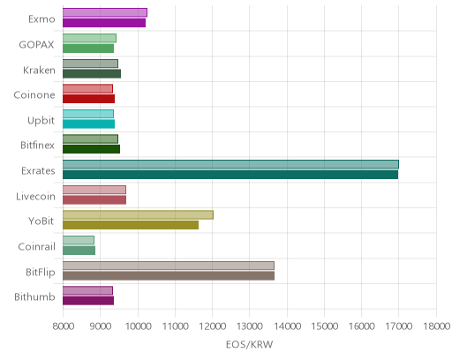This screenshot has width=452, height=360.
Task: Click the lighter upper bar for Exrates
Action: click(230, 164)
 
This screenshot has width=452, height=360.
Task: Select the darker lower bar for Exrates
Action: click(230, 175)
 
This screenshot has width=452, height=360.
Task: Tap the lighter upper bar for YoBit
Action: click(138, 215)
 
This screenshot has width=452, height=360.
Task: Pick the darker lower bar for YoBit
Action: click(131, 225)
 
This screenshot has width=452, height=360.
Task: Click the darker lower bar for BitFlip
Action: click(169, 275)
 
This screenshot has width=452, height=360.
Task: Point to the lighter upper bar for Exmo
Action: click(105, 12)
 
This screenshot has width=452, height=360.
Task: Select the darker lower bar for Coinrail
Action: click(79, 251)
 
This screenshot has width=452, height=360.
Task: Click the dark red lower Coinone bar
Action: click(88, 99)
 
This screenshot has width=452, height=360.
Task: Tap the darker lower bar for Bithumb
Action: click(88, 301)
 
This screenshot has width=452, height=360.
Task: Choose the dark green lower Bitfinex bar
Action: click(91, 149)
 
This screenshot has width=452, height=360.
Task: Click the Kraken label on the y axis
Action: click(39, 71)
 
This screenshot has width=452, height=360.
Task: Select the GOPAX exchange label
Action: click(37, 45)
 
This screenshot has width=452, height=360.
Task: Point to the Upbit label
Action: click(41, 121)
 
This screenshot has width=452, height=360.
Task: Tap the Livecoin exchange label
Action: click(35, 196)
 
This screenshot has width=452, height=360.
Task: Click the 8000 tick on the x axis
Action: click(64, 326)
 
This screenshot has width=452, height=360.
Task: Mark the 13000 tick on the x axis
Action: click(250, 326)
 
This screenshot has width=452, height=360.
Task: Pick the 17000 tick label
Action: click(399, 326)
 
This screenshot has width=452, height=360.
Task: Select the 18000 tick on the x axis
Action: click(436, 326)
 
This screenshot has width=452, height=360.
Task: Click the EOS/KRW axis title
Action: click(250, 344)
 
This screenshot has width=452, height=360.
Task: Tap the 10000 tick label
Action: click(138, 326)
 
